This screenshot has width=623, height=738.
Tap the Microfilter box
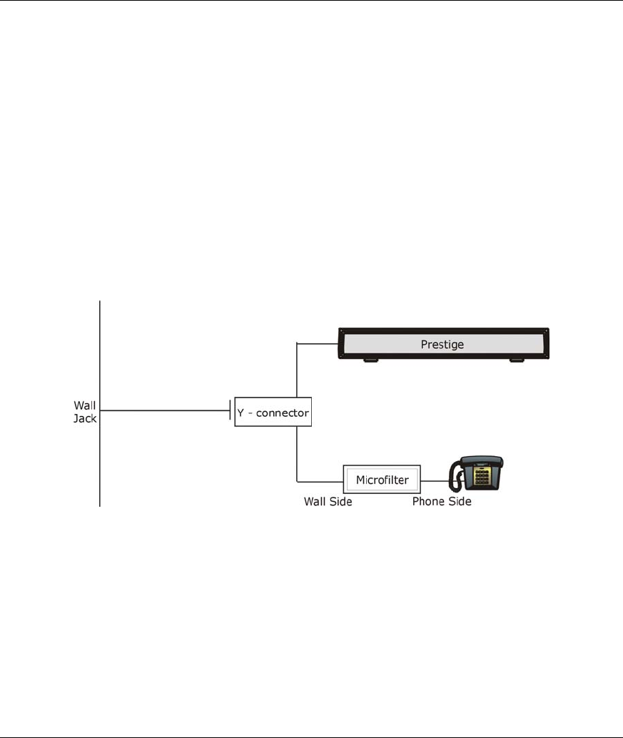[x=382, y=480]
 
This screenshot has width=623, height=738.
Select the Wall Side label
[x=328, y=502]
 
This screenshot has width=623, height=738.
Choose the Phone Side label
[x=442, y=502]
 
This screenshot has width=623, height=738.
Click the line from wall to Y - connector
[x=164, y=410]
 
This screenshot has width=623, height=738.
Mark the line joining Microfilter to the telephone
[x=434, y=480]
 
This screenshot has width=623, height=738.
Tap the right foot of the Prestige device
[x=516, y=361]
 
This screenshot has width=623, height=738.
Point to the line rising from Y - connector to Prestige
[x=296, y=371]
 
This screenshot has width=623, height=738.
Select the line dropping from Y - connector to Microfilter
[x=296, y=453]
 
